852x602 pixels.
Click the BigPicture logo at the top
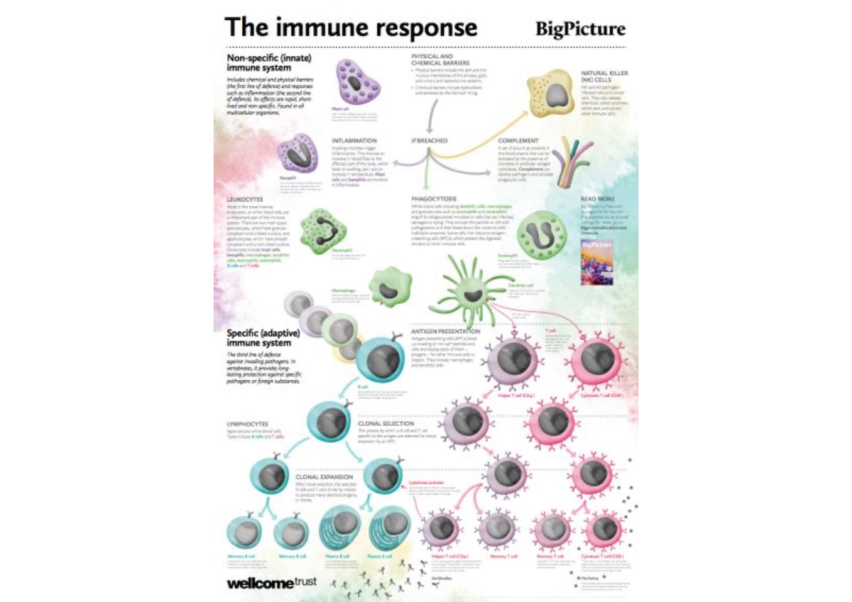point(580,29)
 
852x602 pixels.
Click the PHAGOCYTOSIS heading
point(434,198)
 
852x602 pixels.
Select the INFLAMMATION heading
point(354,141)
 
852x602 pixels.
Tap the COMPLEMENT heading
point(518,141)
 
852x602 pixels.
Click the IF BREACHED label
point(430,141)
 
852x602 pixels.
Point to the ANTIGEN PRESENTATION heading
point(446,331)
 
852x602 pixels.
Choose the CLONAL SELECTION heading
point(383,424)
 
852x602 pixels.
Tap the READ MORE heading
point(596,198)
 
